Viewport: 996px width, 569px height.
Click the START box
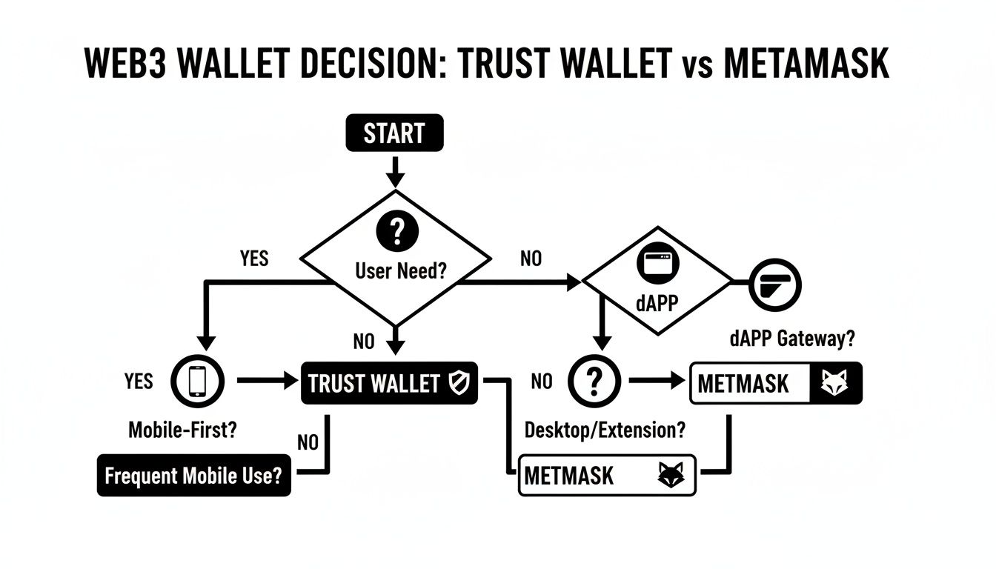(x=394, y=134)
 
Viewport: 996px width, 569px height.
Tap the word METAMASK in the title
(x=806, y=64)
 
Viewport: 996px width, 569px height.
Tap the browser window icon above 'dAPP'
(x=657, y=264)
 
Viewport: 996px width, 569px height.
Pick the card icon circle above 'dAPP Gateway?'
(x=775, y=284)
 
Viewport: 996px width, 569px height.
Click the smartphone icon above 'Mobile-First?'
(x=197, y=382)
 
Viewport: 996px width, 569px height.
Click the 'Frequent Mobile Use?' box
(x=193, y=476)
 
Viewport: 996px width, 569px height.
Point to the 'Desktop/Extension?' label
(x=605, y=429)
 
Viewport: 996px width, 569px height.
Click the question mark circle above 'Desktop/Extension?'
(x=592, y=382)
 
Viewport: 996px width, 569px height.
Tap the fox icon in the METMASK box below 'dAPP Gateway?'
(x=837, y=383)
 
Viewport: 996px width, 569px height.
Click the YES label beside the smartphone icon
(x=139, y=382)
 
